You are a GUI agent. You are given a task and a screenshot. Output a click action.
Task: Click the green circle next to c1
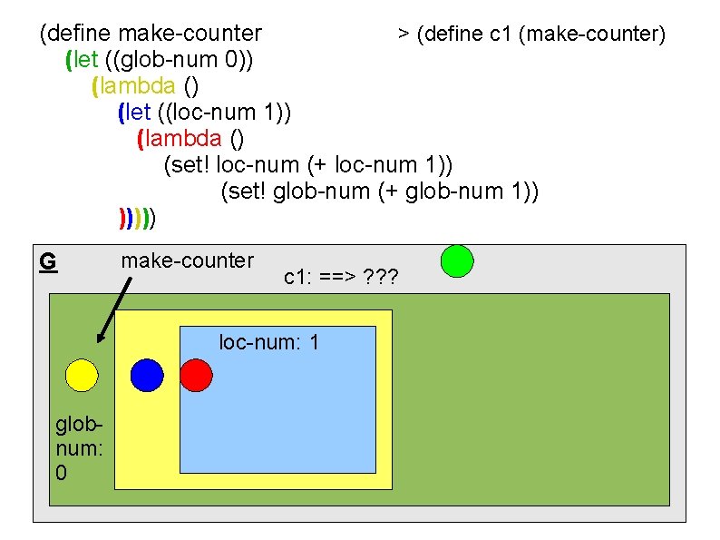click(457, 260)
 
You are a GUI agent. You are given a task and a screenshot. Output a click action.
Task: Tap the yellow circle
click(81, 375)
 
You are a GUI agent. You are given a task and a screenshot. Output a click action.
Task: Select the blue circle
click(147, 375)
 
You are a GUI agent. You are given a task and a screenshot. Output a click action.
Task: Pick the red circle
click(196, 375)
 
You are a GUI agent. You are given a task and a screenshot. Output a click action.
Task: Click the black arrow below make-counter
click(114, 309)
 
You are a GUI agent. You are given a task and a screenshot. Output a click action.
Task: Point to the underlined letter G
click(49, 261)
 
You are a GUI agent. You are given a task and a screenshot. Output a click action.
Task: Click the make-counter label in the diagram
click(188, 260)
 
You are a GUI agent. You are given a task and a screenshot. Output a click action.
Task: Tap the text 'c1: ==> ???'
click(343, 277)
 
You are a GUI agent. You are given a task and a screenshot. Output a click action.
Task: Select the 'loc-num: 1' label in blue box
click(268, 343)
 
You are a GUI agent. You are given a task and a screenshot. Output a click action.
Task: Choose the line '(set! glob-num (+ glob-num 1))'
click(380, 191)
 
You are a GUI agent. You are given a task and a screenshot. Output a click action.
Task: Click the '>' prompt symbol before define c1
click(403, 34)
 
